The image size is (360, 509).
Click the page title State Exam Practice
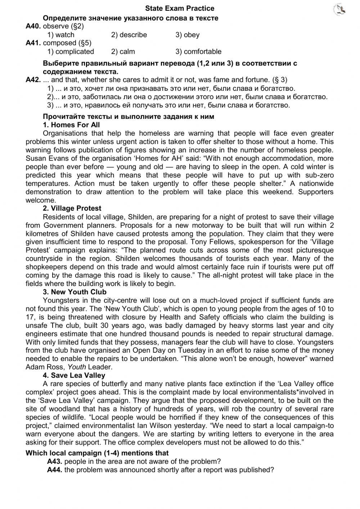tap(180, 8)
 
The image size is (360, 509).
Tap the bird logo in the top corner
tap(339, 10)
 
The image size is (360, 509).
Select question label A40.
tap(33, 26)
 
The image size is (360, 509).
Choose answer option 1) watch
tap(61, 35)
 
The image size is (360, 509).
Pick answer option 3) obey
tap(187, 35)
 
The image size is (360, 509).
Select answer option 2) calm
tap(123, 52)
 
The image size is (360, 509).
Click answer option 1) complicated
tap(71, 52)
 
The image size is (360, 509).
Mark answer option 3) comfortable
tap(198, 52)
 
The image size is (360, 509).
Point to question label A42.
tap(33, 80)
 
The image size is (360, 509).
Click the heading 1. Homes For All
tap(71, 125)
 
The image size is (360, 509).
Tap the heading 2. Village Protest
tap(72, 208)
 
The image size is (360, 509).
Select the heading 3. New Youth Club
tap(75, 292)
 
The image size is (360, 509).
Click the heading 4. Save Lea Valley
tap(74, 375)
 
